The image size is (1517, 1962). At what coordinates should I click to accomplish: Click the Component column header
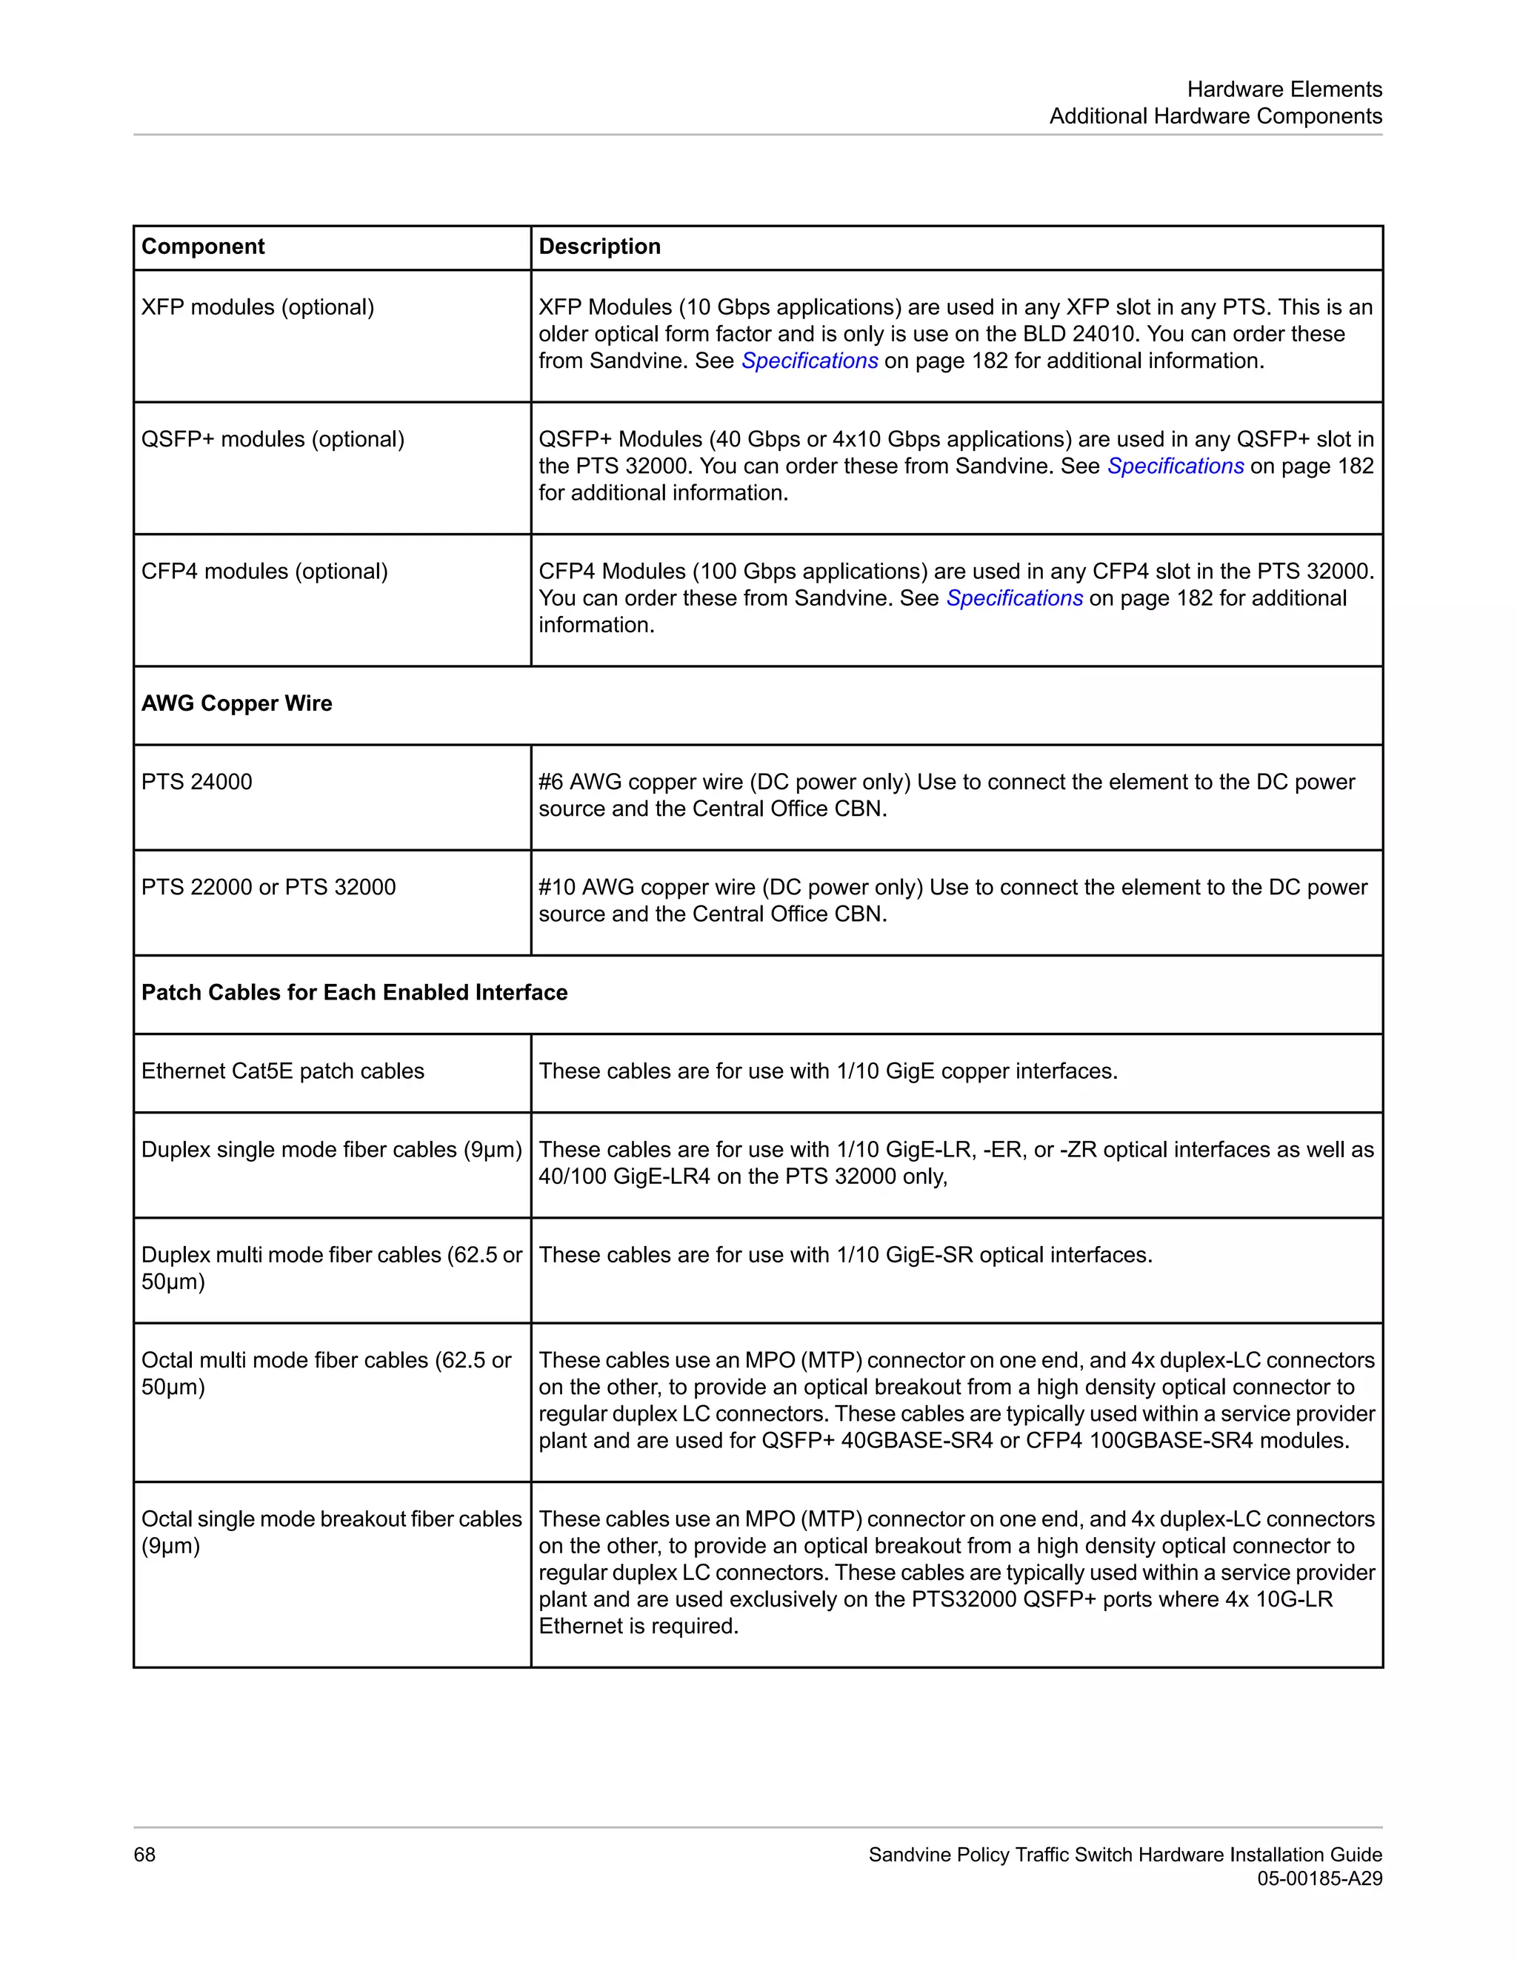click(203, 247)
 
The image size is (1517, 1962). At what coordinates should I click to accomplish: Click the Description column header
click(599, 247)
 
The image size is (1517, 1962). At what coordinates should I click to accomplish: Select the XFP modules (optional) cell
click(258, 307)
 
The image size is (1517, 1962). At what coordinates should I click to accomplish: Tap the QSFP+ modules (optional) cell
click(273, 439)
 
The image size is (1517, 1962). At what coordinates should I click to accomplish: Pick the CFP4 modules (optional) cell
click(264, 572)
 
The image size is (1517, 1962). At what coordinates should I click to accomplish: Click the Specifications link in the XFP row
click(809, 361)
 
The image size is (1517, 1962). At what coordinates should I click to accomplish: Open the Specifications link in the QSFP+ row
click(1175, 466)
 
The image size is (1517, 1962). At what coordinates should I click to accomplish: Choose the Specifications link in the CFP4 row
click(1014, 598)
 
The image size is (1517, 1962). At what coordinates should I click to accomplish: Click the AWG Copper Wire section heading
click(236, 703)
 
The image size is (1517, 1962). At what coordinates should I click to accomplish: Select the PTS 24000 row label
click(197, 782)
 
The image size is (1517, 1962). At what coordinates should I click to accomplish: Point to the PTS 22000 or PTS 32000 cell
click(268, 887)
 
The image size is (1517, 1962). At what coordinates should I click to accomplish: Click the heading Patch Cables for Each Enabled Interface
click(354, 993)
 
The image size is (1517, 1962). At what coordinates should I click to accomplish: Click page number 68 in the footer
click(144, 1855)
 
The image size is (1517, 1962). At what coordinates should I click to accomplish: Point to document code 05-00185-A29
click(1318, 1878)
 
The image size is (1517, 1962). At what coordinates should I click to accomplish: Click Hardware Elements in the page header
click(1284, 90)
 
